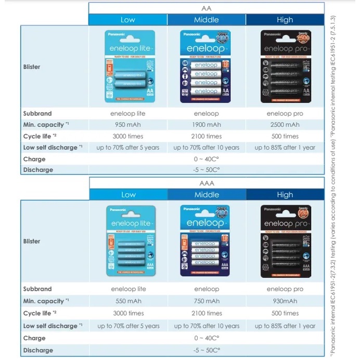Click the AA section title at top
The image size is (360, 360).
207,8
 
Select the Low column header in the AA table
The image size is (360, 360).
128,20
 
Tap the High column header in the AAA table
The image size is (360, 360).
285,195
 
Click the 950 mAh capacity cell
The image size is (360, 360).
128,125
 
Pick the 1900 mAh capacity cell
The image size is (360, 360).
207,125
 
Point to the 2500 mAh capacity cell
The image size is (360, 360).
285,125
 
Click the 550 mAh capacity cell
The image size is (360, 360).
128,301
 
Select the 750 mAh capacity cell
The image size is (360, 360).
207,301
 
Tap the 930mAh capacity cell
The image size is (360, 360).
285,301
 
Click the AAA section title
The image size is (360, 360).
207,184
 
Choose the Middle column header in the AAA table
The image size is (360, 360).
207,195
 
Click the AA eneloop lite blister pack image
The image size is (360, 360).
128,66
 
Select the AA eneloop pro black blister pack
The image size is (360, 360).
285,66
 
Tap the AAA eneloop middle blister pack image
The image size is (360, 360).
207,241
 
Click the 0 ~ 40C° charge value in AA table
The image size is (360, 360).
207,159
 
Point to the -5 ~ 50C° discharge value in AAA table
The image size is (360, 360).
207,350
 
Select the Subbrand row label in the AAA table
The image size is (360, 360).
37,289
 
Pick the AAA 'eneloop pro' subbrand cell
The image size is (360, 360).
285,289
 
